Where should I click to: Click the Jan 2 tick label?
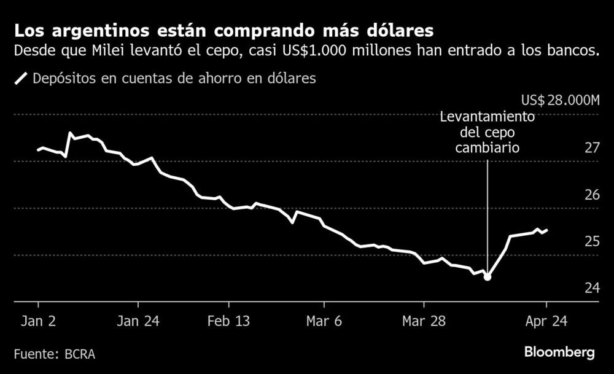[x=38, y=321]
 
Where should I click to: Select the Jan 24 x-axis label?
[x=139, y=321]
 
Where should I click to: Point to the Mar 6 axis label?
[x=324, y=321]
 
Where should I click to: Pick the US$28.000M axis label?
[x=559, y=101]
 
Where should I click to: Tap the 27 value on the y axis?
[x=591, y=148]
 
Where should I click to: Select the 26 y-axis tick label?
[x=591, y=195]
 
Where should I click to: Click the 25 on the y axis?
[x=591, y=241]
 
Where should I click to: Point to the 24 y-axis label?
[x=591, y=287]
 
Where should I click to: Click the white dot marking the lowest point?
[x=488, y=277]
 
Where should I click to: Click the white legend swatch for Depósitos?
[x=21, y=79]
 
